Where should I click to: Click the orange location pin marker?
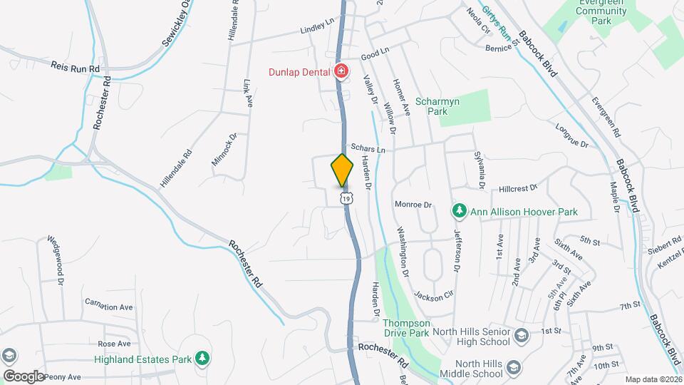click(342, 170)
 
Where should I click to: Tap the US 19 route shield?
click(346, 198)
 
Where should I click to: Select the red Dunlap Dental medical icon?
click(341, 71)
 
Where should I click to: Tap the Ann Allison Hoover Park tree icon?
click(460, 212)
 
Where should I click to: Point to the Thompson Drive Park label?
click(406, 327)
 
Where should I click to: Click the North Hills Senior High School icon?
click(521, 335)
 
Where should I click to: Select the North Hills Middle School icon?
click(514, 367)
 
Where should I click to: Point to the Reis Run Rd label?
click(75, 66)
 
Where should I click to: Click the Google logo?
click(24, 376)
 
